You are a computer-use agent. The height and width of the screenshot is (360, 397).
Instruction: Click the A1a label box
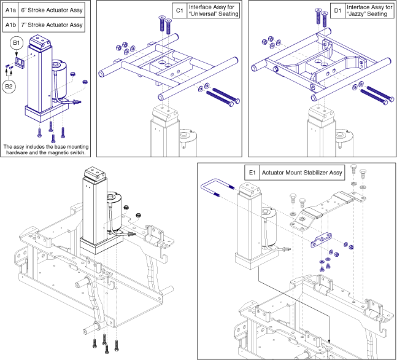(10, 10)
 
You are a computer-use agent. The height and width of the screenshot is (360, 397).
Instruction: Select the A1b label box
(10, 25)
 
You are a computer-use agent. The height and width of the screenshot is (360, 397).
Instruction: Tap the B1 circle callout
(17, 44)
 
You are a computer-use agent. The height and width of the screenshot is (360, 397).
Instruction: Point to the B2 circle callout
(9, 87)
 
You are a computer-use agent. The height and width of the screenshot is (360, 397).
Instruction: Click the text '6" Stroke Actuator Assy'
(52, 10)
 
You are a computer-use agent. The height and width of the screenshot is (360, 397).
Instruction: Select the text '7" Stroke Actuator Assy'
(52, 25)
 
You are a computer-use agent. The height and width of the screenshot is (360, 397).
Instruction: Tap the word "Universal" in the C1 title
(206, 14)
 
